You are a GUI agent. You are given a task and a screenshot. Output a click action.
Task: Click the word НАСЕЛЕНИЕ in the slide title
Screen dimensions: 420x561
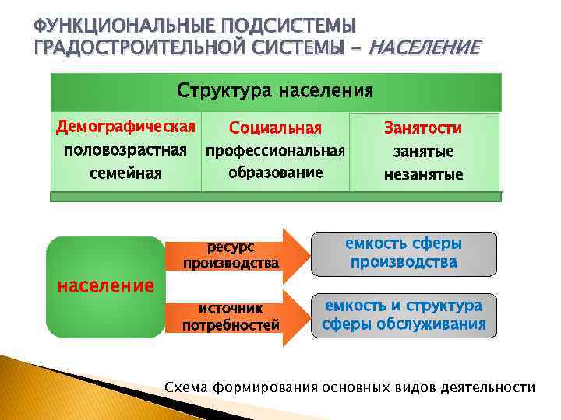(424, 49)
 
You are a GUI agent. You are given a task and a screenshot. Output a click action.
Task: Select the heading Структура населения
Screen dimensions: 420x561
(275, 91)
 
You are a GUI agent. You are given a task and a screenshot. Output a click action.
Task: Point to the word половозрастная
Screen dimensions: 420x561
(125, 149)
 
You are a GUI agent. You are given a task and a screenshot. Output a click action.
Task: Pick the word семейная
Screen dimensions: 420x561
(125, 173)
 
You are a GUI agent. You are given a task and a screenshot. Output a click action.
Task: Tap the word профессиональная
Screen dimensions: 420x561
(275, 150)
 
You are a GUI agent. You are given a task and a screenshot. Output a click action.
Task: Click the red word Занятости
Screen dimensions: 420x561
(423, 128)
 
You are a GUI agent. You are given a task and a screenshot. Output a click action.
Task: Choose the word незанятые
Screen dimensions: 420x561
(423, 174)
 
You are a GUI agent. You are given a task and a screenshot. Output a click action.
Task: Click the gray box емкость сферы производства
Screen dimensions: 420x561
(404, 254)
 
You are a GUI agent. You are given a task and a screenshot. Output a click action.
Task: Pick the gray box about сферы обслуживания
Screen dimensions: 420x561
(404, 315)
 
